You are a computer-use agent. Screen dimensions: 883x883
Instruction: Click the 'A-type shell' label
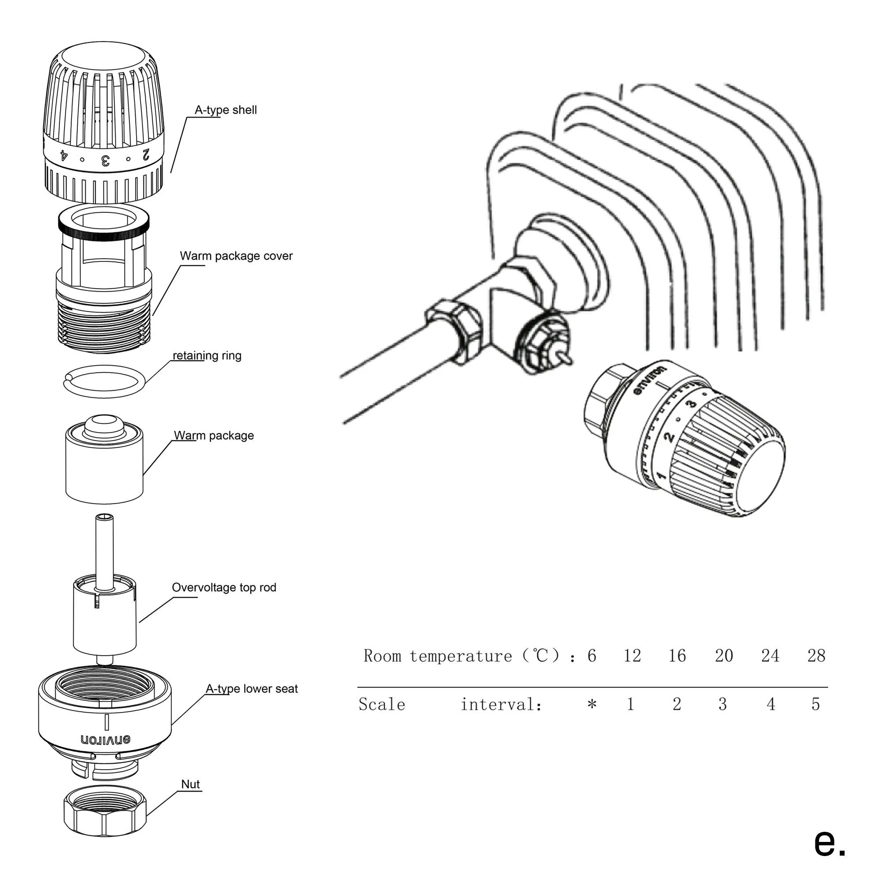pos(226,110)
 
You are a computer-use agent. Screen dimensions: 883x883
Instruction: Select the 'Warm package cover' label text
pos(236,256)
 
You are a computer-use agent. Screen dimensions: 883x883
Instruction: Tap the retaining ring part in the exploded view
pos(104,380)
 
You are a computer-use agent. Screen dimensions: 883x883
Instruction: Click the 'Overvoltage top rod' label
pos(224,587)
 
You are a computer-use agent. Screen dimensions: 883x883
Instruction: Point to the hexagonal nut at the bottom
pos(105,817)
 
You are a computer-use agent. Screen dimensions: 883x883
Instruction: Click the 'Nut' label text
pos(190,784)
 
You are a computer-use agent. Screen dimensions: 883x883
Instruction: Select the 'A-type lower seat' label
pos(251,689)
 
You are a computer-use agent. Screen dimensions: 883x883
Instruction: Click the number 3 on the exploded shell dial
pos(105,161)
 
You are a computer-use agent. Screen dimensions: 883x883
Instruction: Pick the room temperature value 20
pos(724,656)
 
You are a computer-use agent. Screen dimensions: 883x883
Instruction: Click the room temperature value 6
pos(592,656)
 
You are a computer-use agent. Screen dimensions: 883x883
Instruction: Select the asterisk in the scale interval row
pos(592,704)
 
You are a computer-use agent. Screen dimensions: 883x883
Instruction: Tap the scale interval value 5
pos(816,704)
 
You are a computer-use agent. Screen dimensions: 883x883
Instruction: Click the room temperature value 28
pos(816,656)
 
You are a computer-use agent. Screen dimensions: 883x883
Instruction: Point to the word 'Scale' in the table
pos(381,704)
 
